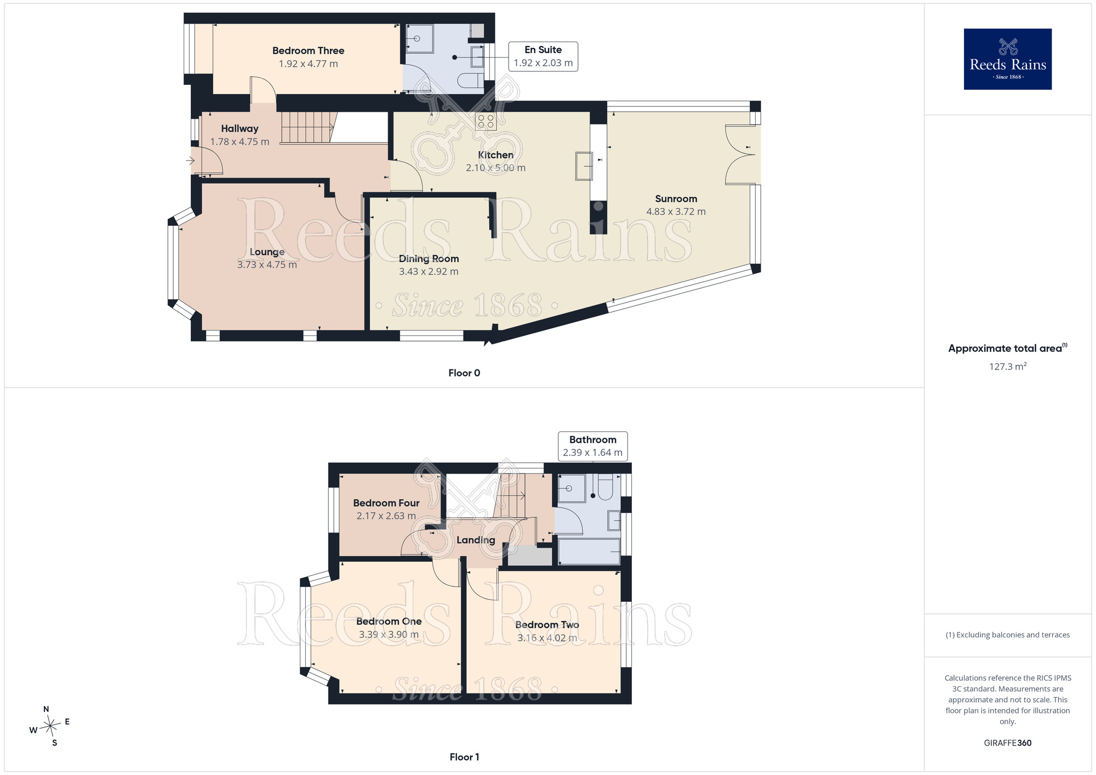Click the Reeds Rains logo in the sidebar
coord(1007,59)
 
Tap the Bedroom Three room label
coord(309,51)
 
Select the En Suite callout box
coord(543,56)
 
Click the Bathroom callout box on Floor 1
coord(593,446)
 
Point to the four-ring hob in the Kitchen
coord(486,121)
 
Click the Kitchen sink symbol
coord(584,166)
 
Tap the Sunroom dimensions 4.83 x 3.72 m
coord(676,212)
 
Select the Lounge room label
coord(267,252)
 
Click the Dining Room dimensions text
coord(429,272)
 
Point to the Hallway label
coord(239,129)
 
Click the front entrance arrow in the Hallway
coord(190,161)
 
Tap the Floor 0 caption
coord(464,373)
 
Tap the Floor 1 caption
coord(464,757)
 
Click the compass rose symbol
coord(50,726)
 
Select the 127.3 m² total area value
coord(1008,366)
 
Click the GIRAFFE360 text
coord(1008,743)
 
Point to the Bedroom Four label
coord(386,503)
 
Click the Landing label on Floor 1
coord(476,540)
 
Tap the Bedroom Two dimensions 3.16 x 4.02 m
coord(547,638)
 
